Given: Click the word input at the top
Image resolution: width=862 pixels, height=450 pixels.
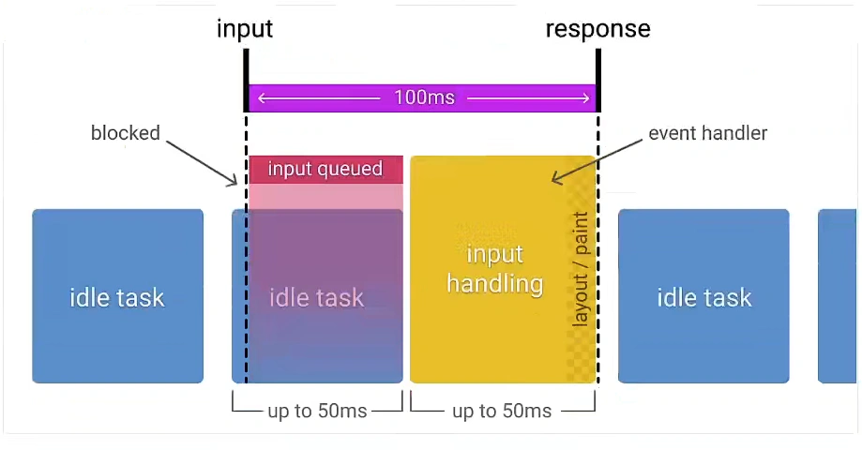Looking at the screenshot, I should point(245,29).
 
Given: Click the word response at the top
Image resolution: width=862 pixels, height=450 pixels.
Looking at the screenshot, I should point(597,29).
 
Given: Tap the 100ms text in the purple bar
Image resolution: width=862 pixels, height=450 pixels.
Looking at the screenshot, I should point(423,97).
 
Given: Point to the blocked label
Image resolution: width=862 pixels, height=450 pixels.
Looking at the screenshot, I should point(126,133).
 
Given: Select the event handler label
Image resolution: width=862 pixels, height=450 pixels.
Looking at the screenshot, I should point(707,133).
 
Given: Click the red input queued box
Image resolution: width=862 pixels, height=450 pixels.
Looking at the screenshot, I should point(325,169).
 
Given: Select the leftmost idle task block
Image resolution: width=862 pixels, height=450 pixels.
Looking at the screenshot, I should point(117,296).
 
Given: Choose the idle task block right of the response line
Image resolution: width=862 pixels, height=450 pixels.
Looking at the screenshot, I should point(703,296).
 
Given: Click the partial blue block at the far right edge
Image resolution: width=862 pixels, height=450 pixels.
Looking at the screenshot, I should point(838,296).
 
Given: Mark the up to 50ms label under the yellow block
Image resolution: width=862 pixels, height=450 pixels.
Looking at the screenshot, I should point(502,411).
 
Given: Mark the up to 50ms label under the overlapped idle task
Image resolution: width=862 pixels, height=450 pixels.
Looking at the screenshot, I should point(317,411).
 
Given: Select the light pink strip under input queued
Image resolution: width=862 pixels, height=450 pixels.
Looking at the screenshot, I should point(325,196).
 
